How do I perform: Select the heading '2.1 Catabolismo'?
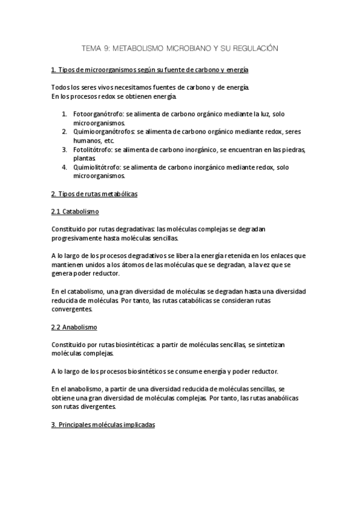click(x=75, y=212)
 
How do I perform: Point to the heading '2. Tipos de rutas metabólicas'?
click(x=94, y=194)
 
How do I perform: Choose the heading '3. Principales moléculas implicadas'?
click(x=103, y=424)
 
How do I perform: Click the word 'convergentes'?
click(x=72, y=309)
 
